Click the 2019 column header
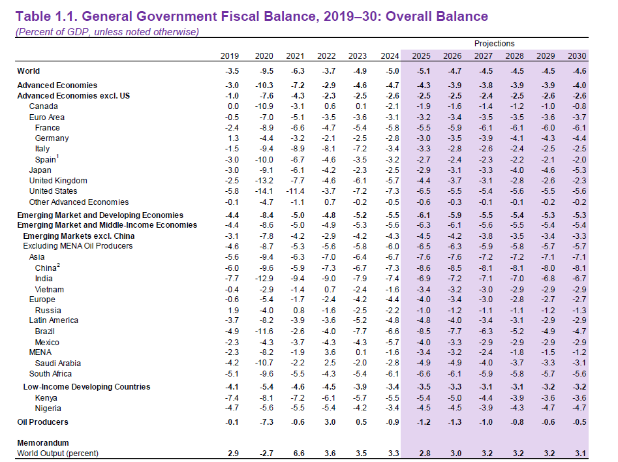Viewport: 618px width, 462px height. [230, 56]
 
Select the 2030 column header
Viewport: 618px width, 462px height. [577, 56]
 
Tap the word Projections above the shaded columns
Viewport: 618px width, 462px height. [495, 44]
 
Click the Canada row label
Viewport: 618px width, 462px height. [44, 106]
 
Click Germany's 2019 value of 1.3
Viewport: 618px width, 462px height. [232, 138]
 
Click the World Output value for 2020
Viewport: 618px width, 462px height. [263, 453]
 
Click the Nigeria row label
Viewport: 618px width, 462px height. [48, 408]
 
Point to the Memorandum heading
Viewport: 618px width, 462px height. [43, 442]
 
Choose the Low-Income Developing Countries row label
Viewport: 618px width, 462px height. [87, 387]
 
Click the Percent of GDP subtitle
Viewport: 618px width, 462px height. [107, 31]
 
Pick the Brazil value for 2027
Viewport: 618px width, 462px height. [484, 331]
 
